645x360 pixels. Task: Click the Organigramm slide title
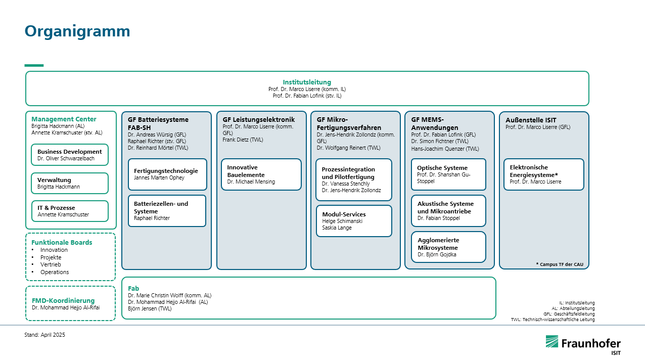pos(77,32)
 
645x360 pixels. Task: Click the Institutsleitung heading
pos(307,82)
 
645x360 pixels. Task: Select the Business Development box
pos(70,155)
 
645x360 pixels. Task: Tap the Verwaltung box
pos(70,183)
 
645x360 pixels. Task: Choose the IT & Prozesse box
pos(70,211)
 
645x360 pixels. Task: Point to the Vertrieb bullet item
pos(51,264)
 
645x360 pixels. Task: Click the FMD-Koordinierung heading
pos(63,300)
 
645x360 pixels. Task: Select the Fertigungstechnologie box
pos(167,174)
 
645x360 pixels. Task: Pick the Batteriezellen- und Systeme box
pos(167,211)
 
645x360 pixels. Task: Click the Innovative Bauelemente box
pos(261,174)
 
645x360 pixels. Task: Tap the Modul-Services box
pos(354,221)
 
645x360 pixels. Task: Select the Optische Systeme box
pos(448,174)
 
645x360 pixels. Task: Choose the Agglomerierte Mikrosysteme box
pos(448,247)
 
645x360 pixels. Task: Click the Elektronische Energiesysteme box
pos(543,174)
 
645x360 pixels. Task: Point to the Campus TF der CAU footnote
pos(560,264)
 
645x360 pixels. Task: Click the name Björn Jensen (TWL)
pos(150,308)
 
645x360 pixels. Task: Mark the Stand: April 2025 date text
pos(44,335)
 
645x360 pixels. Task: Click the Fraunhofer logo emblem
pos(551,342)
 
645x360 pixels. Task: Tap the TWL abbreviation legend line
pos(552,320)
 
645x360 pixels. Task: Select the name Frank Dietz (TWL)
pos(243,140)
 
